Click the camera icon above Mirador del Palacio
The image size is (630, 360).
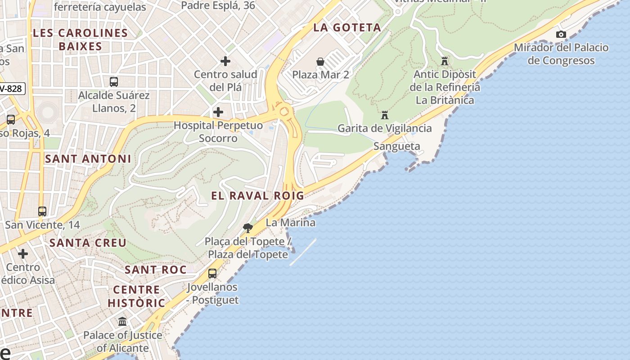click(x=561, y=34)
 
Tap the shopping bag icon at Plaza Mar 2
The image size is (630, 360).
click(x=320, y=61)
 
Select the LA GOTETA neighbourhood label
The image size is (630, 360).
click(x=347, y=27)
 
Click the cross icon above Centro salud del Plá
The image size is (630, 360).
click(x=225, y=61)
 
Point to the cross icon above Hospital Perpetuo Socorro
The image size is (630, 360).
click(x=218, y=112)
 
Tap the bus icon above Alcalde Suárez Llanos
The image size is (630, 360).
click(x=114, y=82)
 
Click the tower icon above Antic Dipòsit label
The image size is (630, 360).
click(x=445, y=61)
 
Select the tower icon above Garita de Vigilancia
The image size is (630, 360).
click(x=385, y=115)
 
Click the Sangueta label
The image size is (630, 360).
click(x=396, y=146)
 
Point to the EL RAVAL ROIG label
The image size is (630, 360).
click(x=258, y=196)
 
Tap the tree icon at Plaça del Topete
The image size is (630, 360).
click(x=247, y=228)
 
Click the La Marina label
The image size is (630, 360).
click(x=290, y=222)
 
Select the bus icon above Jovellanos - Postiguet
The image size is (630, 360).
click(x=212, y=273)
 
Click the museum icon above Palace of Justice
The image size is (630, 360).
click(x=122, y=322)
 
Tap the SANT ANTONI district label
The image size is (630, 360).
click(x=88, y=159)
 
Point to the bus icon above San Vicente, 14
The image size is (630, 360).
click(x=42, y=211)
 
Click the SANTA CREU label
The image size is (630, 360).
click(x=88, y=243)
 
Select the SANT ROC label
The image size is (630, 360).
click(x=156, y=270)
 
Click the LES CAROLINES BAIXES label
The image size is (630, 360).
click(x=81, y=40)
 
